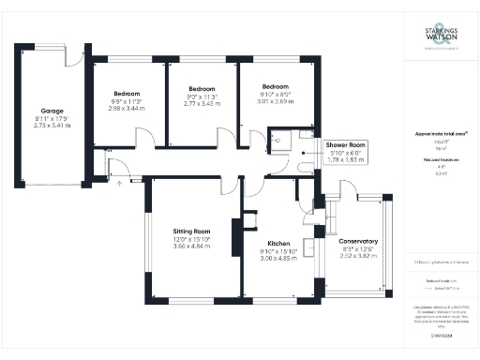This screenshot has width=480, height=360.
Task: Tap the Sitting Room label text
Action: (190, 231)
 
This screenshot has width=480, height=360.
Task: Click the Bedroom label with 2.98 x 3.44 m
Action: (127, 94)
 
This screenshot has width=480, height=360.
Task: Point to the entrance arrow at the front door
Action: (119, 182)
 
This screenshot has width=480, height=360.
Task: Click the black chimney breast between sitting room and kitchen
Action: (249, 222)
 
